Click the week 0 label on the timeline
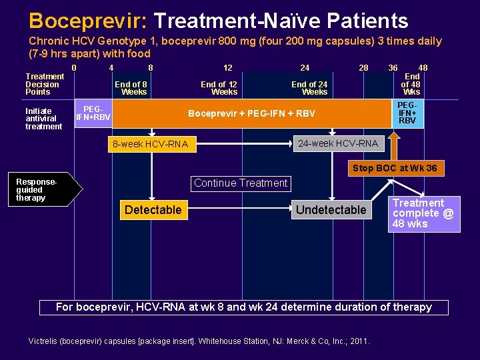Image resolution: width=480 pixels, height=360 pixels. pyautogui.click(x=74, y=67)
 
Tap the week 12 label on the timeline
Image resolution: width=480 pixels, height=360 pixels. pyautogui.click(x=228, y=67)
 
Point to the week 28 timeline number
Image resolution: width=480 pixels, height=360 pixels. pyautogui.click(x=363, y=67)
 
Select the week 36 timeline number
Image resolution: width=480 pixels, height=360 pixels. pyautogui.click(x=393, y=67)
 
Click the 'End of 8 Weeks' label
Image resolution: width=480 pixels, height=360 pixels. pyautogui.click(x=131, y=88)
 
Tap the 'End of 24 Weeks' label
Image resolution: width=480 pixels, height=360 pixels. pyautogui.click(x=309, y=88)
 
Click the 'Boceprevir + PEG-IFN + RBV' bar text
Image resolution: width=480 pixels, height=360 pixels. pyautogui.click(x=251, y=113)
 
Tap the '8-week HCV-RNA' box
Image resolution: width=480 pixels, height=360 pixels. pyautogui.click(x=151, y=144)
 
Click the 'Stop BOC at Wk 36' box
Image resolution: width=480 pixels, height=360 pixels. pyautogui.click(x=395, y=168)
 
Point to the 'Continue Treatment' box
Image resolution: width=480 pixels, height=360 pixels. pyautogui.click(x=241, y=183)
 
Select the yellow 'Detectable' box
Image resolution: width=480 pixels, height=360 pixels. pyautogui.click(x=153, y=210)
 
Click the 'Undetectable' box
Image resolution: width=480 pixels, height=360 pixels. pyautogui.click(x=331, y=210)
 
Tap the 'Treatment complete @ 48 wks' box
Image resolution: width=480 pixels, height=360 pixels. pyautogui.click(x=424, y=213)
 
